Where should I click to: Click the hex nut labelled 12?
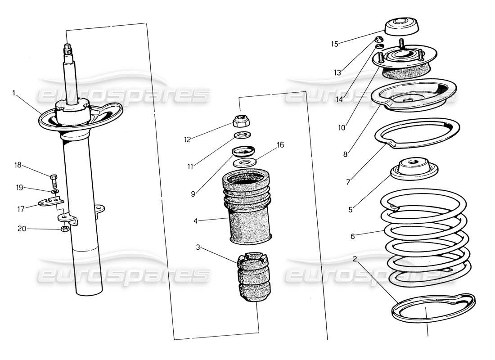point(239,121)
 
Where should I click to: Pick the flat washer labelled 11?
point(242,135)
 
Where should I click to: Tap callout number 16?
point(280,145)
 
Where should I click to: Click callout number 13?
point(337,72)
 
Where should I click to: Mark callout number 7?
point(348,182)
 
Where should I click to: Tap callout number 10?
point(342,127)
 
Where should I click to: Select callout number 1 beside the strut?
point(14,93)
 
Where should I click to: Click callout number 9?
point(193,194)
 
